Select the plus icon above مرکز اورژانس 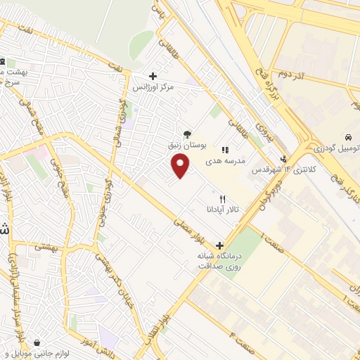pos(153,75)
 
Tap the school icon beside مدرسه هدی pos(226,149)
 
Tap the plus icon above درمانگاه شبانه pos(221,246)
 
